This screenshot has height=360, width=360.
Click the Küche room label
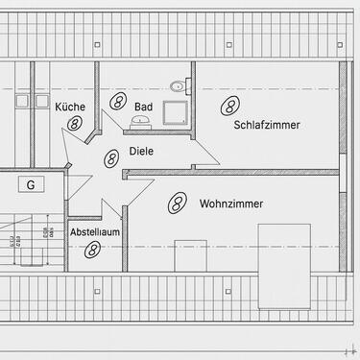coord(70,108)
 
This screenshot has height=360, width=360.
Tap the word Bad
coord(143,108)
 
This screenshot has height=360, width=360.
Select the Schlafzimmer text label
coord(266,125)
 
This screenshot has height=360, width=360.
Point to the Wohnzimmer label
coord(231,204)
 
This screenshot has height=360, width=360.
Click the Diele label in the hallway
coord(140,152)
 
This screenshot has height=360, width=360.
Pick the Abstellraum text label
coord(94,233)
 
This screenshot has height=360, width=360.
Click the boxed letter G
coord(31,184)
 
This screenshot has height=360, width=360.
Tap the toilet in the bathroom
coord(177,86)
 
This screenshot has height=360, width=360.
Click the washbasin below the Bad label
coord(140,122)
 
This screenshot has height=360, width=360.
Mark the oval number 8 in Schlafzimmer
coord(228,104)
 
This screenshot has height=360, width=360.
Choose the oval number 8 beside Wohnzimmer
coord(177,202)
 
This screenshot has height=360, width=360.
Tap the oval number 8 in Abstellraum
coord(93,250)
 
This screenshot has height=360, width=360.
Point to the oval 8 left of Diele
coord(111,156)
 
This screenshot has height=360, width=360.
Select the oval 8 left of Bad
coord(118,100)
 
